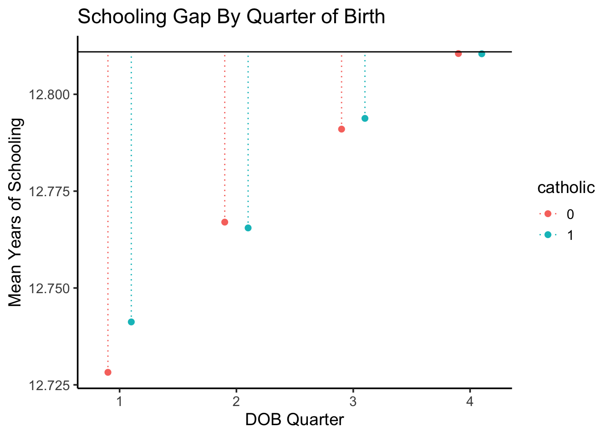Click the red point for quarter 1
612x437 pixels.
(x=108, y=372)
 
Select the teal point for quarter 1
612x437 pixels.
(x=131, y=322)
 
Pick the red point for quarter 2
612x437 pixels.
(x=224, y=222)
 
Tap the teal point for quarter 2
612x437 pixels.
(x=248, y=228)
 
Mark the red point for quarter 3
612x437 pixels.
(x=342, y=129)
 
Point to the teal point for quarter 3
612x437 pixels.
(x=365, y=118)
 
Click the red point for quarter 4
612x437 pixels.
(x=458, y=54)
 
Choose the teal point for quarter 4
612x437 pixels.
(x=482, y=54)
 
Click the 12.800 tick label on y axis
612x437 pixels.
(x=50, y=95)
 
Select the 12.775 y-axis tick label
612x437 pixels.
(x=50, y=192)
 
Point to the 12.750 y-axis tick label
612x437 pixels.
(x=50, y=289)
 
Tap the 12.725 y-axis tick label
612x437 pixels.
(x=50, y=386)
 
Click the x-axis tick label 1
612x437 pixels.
(x=119, y=401)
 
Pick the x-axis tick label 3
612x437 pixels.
(x=353, y=401)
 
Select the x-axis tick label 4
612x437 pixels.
(x=469, y=401)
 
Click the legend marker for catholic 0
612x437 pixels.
(x=548, y=213)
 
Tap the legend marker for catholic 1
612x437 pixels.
(x=548, y=234)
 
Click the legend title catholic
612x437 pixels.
(x=566, y=188)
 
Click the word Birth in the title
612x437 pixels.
(x=364, y=17)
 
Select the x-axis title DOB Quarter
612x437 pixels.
(x=295, y=420)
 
